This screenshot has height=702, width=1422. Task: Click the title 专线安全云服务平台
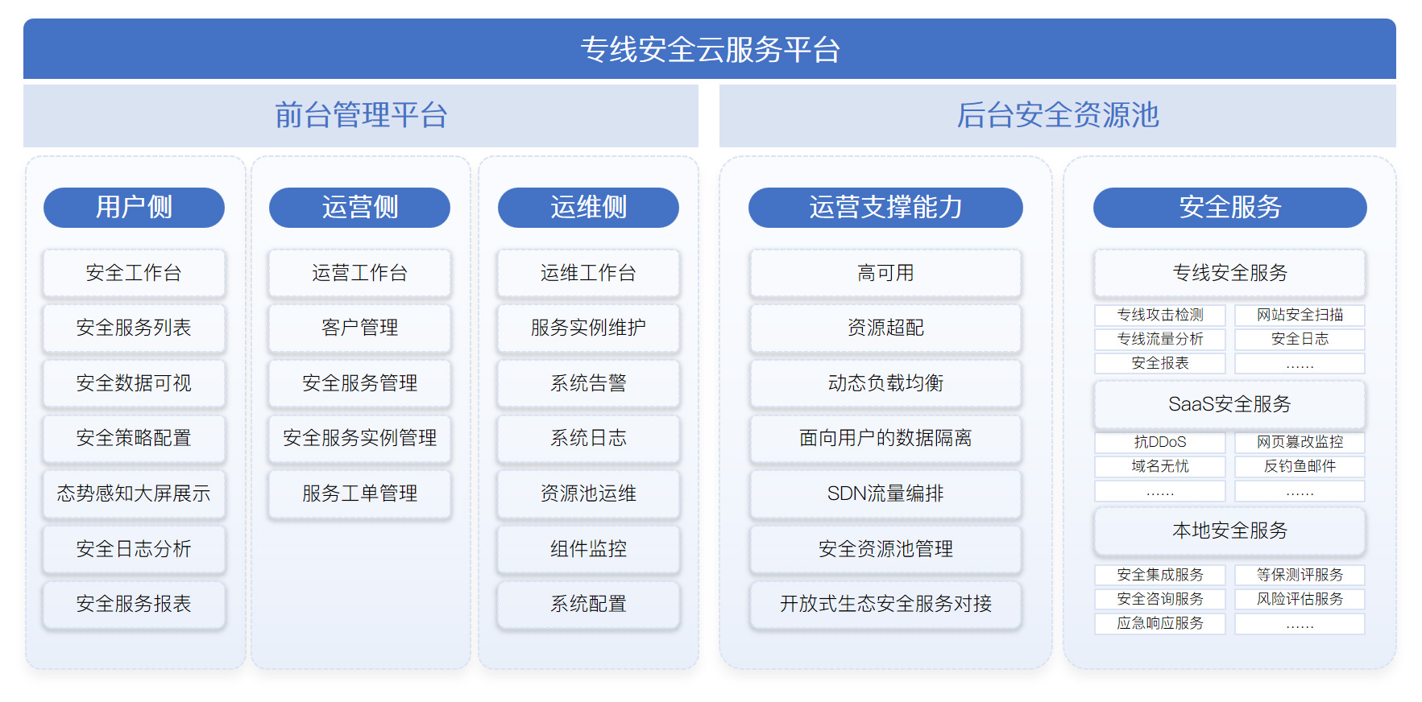(710, 49)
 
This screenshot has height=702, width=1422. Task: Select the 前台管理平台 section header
(361, 115)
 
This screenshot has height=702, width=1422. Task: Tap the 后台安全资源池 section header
(1058, 115)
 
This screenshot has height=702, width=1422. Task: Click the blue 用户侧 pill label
(134, 207)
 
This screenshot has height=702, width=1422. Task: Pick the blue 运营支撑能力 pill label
(885, 207)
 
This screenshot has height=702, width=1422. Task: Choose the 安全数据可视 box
(134, 383)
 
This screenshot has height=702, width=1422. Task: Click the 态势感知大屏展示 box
(134, 493)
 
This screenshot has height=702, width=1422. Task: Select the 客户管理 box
(360, 328)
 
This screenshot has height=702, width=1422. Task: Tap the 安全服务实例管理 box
(360, 438)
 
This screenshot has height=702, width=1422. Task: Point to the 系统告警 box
(588, 383)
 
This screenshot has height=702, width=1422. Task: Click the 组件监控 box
(588, 549)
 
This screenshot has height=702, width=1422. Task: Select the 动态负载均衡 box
(885, 383)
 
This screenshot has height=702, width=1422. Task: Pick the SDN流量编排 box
(885, 493)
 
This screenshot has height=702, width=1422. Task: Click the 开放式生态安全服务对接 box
(885, 604)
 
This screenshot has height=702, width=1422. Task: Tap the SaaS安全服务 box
(1229, 404)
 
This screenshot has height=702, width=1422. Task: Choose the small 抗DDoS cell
(1160, 442)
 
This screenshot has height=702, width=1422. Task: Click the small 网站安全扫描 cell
(1300, 315)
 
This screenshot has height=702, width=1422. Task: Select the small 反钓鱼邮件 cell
(1300, 466)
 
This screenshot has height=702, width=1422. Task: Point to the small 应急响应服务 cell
(1160, 623)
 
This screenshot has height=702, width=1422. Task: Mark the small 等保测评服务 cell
(1300, 575)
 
